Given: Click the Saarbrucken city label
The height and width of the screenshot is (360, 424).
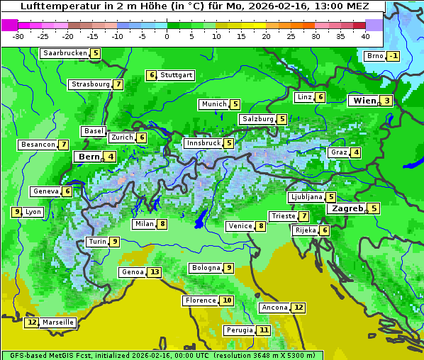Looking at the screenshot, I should click(65, 53).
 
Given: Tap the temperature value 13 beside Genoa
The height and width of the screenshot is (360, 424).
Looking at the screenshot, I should click(155, 272).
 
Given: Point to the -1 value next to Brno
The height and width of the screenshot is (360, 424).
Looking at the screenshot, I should click(393, 57).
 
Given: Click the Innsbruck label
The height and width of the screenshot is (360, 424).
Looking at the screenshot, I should click(203, 143).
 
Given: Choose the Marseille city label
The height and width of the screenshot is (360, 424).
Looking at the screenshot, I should click(57, 322).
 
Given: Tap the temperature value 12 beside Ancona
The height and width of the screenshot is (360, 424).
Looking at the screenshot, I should click(299, 308).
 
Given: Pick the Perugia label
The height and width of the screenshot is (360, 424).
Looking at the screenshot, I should click(238, 330).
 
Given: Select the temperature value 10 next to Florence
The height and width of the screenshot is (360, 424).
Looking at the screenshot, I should click(227, 300).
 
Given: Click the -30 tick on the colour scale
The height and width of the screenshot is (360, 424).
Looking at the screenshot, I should click(18, 36).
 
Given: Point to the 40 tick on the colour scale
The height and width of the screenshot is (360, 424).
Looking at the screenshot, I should click(365, 36).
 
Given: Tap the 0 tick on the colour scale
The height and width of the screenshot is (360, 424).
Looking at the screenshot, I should click(167, 36).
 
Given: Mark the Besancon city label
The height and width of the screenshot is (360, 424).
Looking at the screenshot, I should click(38, 145).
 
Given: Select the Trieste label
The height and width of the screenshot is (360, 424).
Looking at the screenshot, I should click(283, 216).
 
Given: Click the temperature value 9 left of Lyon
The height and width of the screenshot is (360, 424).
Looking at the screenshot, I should click(16, 212).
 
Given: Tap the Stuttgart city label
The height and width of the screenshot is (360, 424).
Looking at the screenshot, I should click(176, 75).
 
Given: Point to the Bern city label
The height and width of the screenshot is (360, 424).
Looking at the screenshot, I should click(89, 157).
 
